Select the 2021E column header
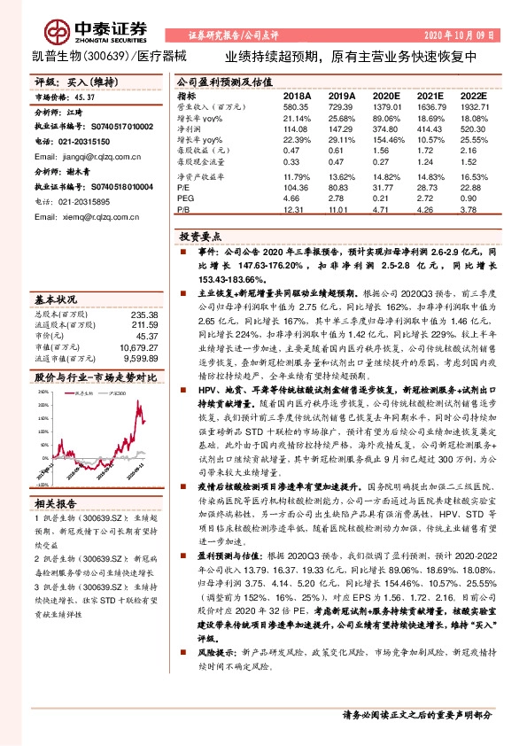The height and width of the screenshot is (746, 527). tap(430, 95)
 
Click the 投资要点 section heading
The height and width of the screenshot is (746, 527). tap(199, 237)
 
